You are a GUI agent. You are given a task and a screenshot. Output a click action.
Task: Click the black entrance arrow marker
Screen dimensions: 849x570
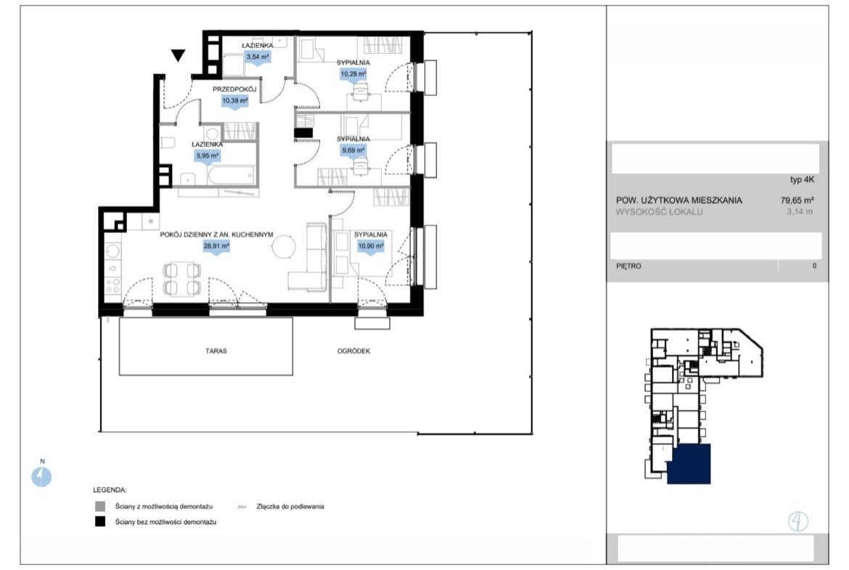178,54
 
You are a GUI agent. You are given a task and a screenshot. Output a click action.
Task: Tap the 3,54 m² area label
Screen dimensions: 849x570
258,57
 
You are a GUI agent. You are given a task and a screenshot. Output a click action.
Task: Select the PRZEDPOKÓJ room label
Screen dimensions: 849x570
234,89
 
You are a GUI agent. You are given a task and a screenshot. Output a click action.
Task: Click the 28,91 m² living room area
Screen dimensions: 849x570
216,245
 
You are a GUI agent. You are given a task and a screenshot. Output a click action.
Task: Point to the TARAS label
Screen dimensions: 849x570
216,351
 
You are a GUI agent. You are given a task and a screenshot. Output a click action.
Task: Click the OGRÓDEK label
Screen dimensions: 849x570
353,351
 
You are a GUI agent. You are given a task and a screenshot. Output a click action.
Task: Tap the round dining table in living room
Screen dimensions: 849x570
284,248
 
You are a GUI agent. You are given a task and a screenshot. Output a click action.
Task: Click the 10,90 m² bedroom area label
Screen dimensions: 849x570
370,246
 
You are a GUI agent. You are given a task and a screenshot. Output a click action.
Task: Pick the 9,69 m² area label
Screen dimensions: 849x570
353,150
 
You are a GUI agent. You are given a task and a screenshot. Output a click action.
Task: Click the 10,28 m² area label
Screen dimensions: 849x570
353,73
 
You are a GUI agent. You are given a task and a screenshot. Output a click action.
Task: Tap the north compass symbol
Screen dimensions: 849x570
41,477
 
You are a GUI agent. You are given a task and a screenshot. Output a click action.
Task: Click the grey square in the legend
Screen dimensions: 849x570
100,507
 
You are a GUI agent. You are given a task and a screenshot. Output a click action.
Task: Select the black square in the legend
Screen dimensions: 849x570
100,522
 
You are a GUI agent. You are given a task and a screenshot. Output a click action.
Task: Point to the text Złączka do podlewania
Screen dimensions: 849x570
290,507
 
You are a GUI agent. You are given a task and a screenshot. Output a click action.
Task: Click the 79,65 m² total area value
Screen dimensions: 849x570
797,200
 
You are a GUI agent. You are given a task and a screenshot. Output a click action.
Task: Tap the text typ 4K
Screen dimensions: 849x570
802,180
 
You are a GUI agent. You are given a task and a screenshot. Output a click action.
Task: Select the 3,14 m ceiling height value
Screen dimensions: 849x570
800,212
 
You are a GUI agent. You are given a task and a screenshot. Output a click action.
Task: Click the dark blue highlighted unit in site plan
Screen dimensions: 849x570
689,464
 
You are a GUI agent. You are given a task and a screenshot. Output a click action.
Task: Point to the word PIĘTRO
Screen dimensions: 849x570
628,266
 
